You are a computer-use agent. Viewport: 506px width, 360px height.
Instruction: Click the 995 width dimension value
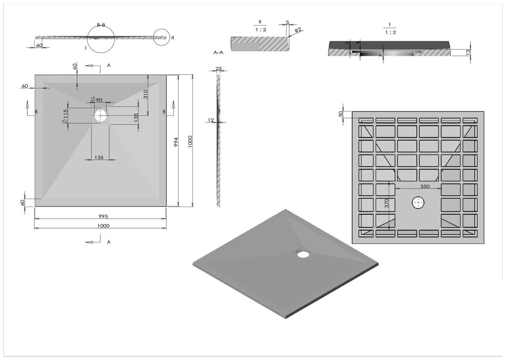[x=103, y=216]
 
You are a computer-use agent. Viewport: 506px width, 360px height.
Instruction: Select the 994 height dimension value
[x=176, y=142]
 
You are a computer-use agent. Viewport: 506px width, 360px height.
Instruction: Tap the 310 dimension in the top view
[x=145, y=94]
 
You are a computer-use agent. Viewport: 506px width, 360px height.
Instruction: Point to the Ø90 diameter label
[x=97, y=100]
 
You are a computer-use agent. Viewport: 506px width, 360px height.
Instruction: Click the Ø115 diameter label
[x=65, y=116]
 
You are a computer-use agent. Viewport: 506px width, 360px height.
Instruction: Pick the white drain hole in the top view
[x=100, y=115]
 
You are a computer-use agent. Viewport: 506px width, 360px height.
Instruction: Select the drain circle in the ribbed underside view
[x=418, y=203]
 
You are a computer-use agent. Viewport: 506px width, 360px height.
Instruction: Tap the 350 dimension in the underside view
[x=425, y=186]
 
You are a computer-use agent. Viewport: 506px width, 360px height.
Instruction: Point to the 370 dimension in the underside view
[x=386, y=203]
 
